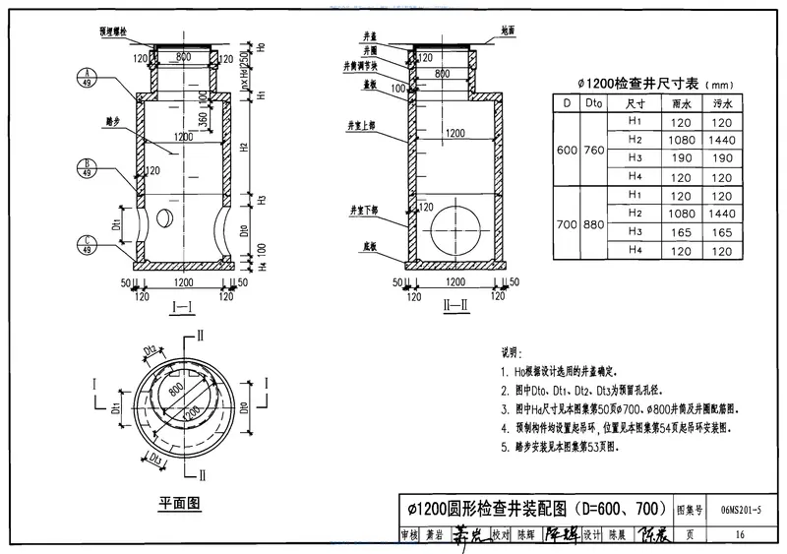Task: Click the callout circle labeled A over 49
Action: [88, 76]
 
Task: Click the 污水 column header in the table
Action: [721, 102]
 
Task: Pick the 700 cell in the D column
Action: [565, 224]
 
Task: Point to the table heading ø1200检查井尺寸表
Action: [640, 84]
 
